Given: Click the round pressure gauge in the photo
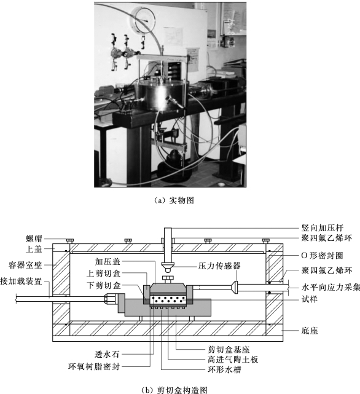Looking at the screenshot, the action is (144, 19).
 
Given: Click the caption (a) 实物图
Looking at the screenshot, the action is (174, 200).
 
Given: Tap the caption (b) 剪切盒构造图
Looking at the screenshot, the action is (174, 390).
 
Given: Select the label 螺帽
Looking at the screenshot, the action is (34, 238).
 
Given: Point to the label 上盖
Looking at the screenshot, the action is (34, 249).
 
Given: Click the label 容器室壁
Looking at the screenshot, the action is (25, 265).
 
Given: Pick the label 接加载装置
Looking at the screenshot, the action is (21, 281).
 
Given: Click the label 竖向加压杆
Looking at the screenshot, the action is (323, 228).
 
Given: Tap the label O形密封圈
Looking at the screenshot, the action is (322, 256).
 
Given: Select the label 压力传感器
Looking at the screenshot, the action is (219, 266).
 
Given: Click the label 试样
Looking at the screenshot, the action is (310, 299).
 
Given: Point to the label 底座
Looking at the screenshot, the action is (310, 331).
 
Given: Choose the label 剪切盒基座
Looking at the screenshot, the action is (229, 350).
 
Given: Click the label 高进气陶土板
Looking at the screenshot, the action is (233, 360).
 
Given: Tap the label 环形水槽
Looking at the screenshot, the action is (224, 369).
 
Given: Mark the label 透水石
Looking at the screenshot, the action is (107, 354).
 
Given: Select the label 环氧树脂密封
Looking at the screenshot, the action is (94, 366).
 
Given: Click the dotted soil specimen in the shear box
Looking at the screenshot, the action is (168, 300).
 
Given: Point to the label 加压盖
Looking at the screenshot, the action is (108, 262).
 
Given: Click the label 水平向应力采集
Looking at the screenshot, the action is (331, 287).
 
